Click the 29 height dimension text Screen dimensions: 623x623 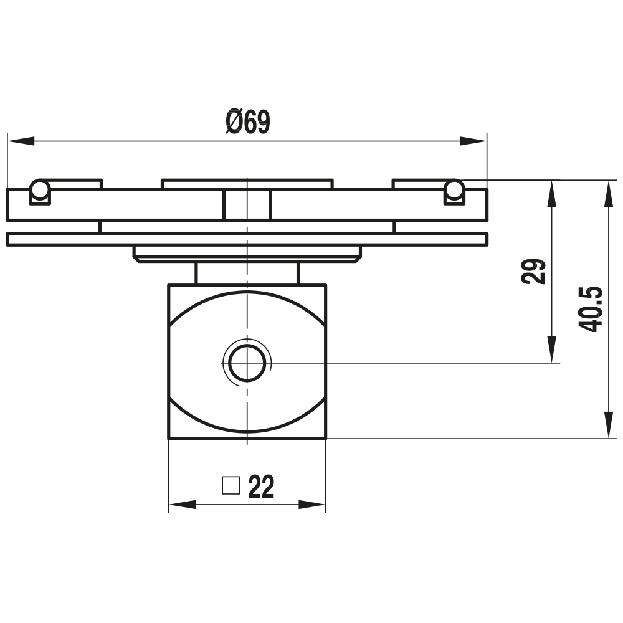click(x=534, y=271)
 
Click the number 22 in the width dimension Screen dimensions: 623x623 click(x=261, y=487)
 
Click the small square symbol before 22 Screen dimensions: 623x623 click(x=231, y=485)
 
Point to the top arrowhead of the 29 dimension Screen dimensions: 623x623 click(x=551, y=194)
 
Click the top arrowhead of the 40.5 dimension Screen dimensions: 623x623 click(x=607, y=194)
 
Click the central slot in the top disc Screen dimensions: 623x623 click(x=247, y=204)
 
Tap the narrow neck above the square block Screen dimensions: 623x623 click(x=247, y=273)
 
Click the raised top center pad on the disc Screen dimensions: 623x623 click(x=247, y=184)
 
